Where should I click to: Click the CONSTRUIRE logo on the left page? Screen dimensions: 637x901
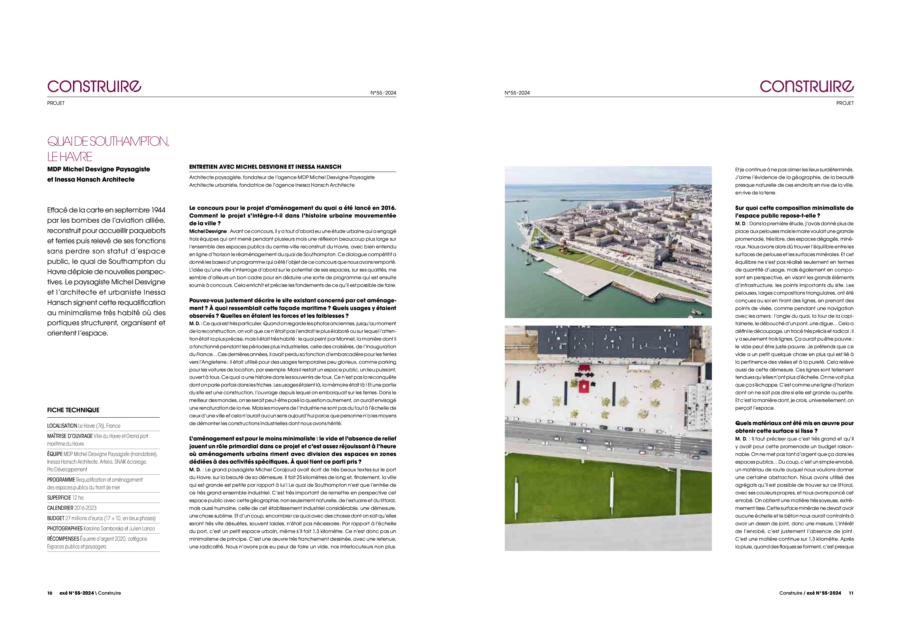pyautogui.click(x=94, y=86)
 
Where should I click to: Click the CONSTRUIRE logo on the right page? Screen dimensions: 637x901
pyautogui.click(x=806, y=86)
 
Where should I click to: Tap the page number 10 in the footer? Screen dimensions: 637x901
pyautogui.click(x=50, y=593)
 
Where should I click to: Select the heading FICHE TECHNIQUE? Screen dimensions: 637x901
pyautogui.click(x=73, y=410)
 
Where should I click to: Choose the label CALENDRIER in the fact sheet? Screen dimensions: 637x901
pyautogui.click(x=60, y=508)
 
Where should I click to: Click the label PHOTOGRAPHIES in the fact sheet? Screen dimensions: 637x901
pyautogui.click(x=65, y=528)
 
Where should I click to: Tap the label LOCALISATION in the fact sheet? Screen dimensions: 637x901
pyautogui.click(x=62, y=426)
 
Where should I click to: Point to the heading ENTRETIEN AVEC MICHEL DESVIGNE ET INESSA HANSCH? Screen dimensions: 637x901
pyautogui.click(x=265, y=167)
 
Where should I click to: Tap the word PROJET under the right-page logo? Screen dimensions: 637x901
pyautogui.click(x=845, y=103)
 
